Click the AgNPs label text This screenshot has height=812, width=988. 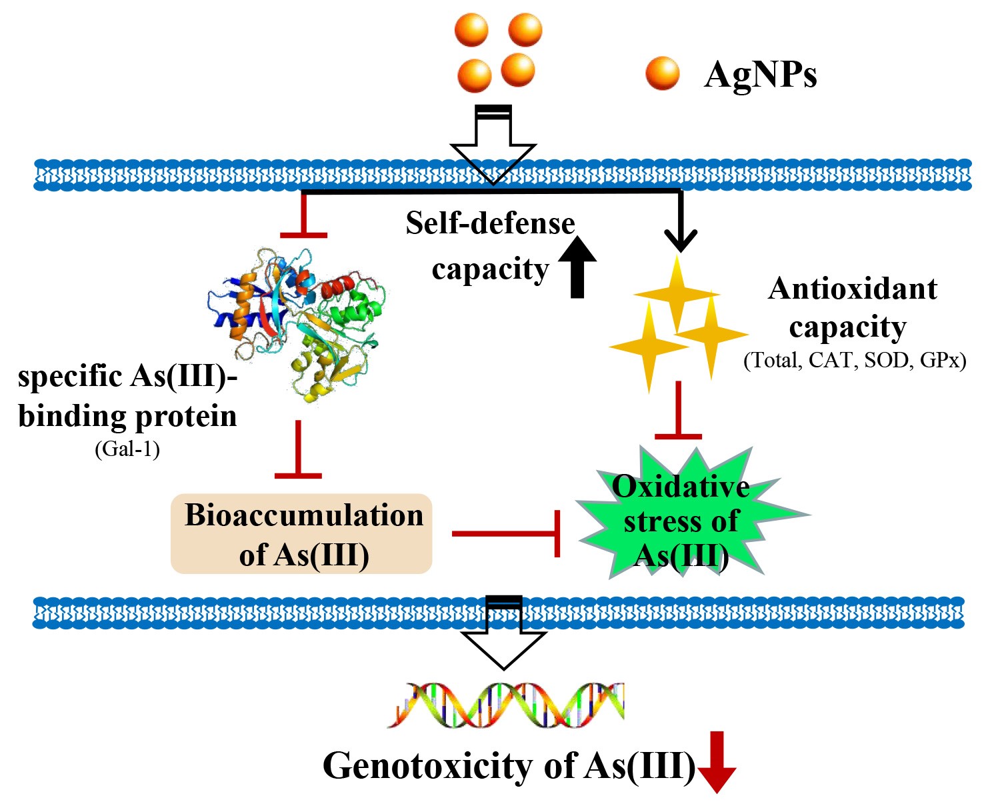point(760,74)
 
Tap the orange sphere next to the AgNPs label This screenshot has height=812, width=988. point(663,73)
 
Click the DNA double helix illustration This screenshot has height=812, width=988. point(507,705)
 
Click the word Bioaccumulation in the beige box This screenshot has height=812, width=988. point(304,515)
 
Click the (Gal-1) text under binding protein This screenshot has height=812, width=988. point(127,449)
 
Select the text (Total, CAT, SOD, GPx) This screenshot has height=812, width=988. point(855,360)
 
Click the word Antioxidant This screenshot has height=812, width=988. point(853,289)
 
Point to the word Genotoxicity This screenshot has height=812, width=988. point(426,765)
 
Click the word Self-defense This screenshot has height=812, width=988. point(490,223)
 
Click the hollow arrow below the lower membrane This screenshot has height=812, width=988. point(504,633)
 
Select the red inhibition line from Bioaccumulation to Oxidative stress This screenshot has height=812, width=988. point(505,533)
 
